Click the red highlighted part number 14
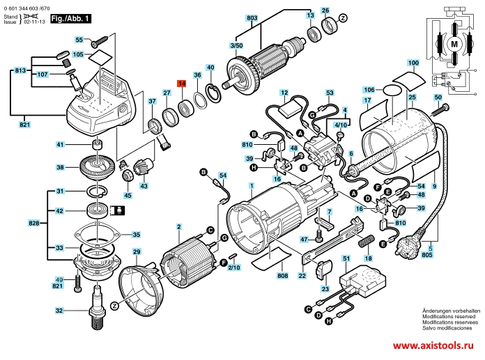181,84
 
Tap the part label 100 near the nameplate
413,63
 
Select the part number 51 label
346,259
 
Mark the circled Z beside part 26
342,16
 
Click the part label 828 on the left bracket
33,223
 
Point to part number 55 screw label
79,40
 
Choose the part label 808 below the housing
282,276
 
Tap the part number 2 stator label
179,226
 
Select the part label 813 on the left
20,71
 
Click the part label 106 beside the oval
369,89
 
